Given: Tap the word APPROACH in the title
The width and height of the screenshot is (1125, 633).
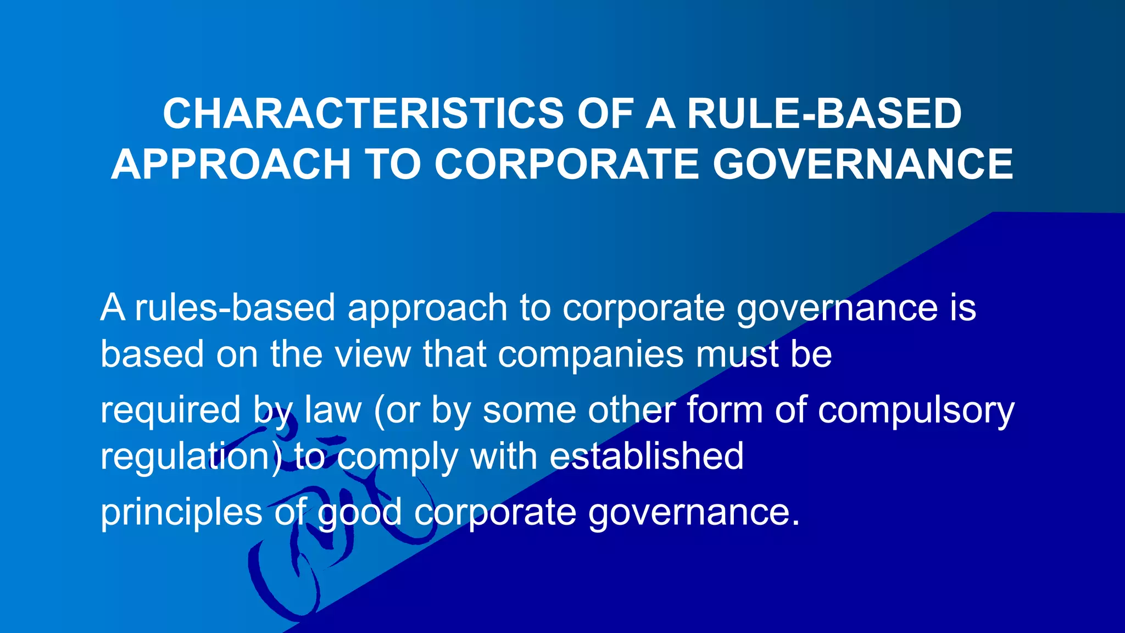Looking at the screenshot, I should click(x=231, y=164).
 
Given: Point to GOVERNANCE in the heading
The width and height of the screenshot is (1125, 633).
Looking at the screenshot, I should click(x=862, y=164).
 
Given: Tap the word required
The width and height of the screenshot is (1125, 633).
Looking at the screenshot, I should click(x=170, y=411).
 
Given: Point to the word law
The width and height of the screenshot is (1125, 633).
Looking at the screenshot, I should click(x=333, y=410).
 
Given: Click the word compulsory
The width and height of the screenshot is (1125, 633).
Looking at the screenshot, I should click(x=916, y=411).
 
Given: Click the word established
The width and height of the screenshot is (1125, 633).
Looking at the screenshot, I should click(x=647, y=456).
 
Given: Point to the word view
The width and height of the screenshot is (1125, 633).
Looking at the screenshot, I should click(x=373, y=354).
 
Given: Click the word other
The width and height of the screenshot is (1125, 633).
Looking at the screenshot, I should click(x=631, y=410).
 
